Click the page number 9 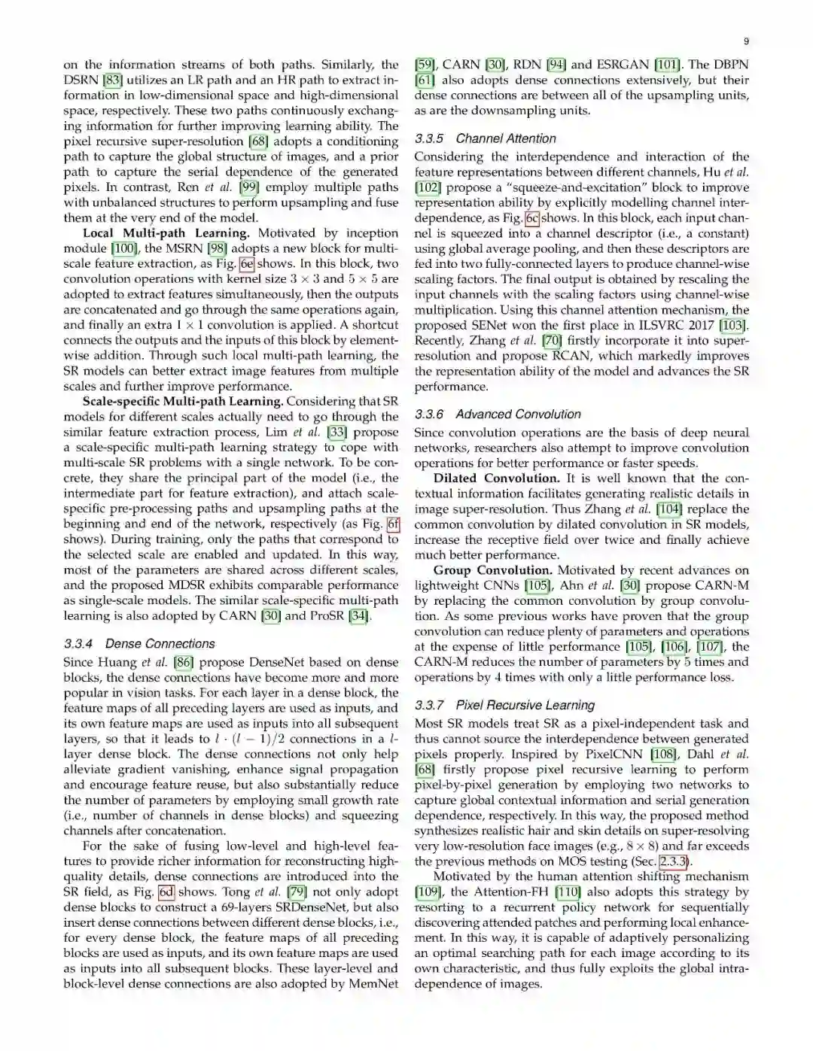tap(745, 41)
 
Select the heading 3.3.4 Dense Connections tap(139, 644)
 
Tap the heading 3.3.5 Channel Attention tap(485, 138)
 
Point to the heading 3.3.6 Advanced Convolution tap(498, 415)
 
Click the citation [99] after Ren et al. tap(249, 187)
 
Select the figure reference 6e tap(247, 264)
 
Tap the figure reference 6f tap(393, 524)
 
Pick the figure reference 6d tap(166, 892)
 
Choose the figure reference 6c tap(532, 218)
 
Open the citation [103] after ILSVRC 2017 tap(733, 325)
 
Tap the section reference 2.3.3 tap(673, 862)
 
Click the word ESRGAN tap(624, 65)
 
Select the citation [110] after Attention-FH tap(568, 892)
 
